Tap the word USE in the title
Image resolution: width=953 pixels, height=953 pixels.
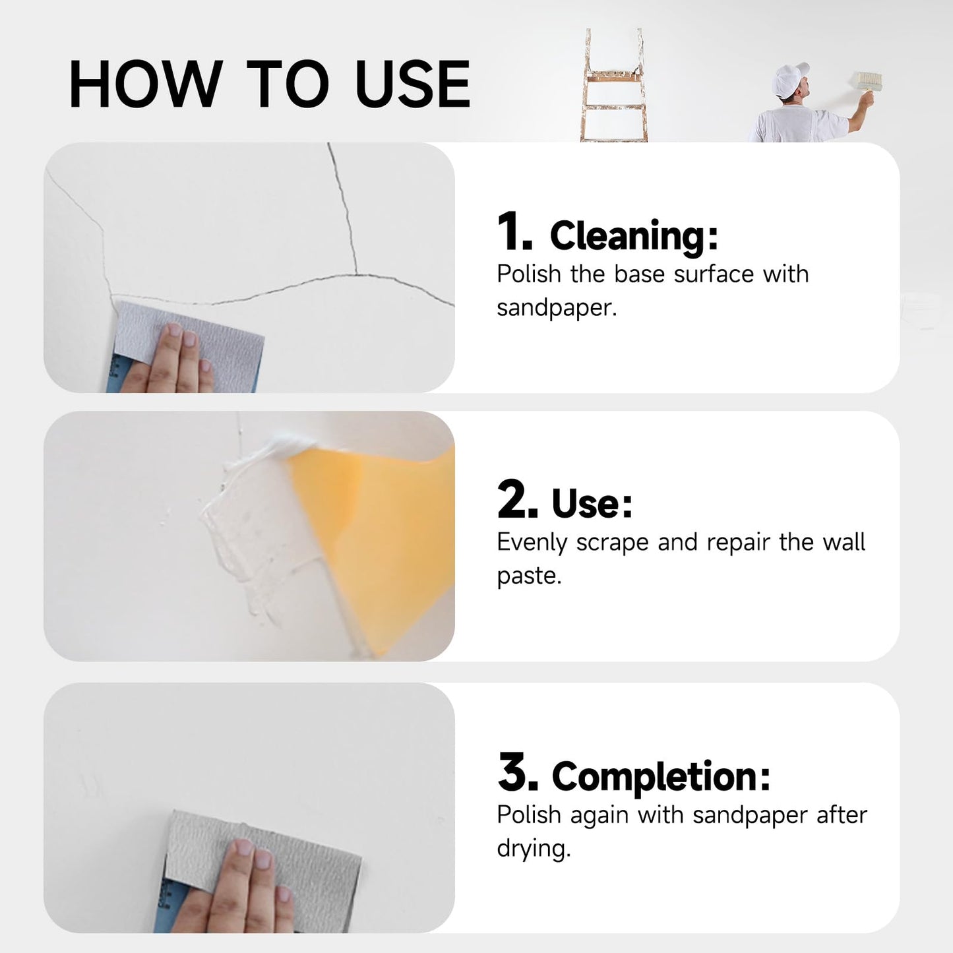click(x=412, y=84)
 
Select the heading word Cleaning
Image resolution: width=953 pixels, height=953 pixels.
click(x=633, y=236)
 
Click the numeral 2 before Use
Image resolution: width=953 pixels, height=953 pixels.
click(x=516, y=500)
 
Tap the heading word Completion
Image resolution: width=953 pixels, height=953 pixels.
click(x=660, y=777)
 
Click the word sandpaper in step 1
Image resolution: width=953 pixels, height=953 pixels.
click(x=556, y=308)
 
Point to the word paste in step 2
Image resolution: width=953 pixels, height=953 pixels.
click(x=528, y=576)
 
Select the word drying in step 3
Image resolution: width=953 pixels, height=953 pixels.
click(x=533, y=848)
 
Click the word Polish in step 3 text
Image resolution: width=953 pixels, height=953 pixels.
click(x=528, y=815)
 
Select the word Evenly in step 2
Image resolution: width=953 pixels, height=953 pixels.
click(x=532, y=542)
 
